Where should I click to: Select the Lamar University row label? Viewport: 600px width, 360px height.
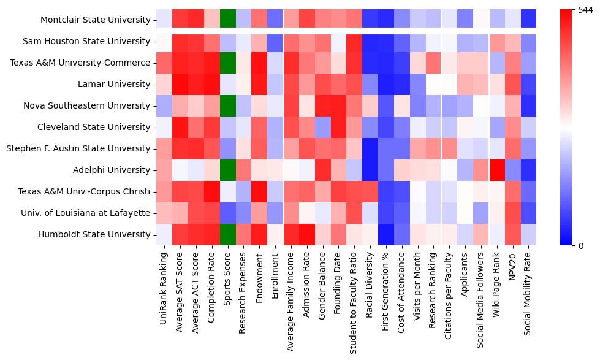(x=119, y=84)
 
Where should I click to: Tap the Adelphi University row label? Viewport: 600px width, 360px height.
(x=115, y=170)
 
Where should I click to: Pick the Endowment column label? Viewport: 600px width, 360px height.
(x=260, y=276)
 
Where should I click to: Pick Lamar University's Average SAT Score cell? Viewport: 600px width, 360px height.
(x=180, y=84)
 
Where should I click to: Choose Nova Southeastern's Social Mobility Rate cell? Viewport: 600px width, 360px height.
(x=529, y=105)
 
